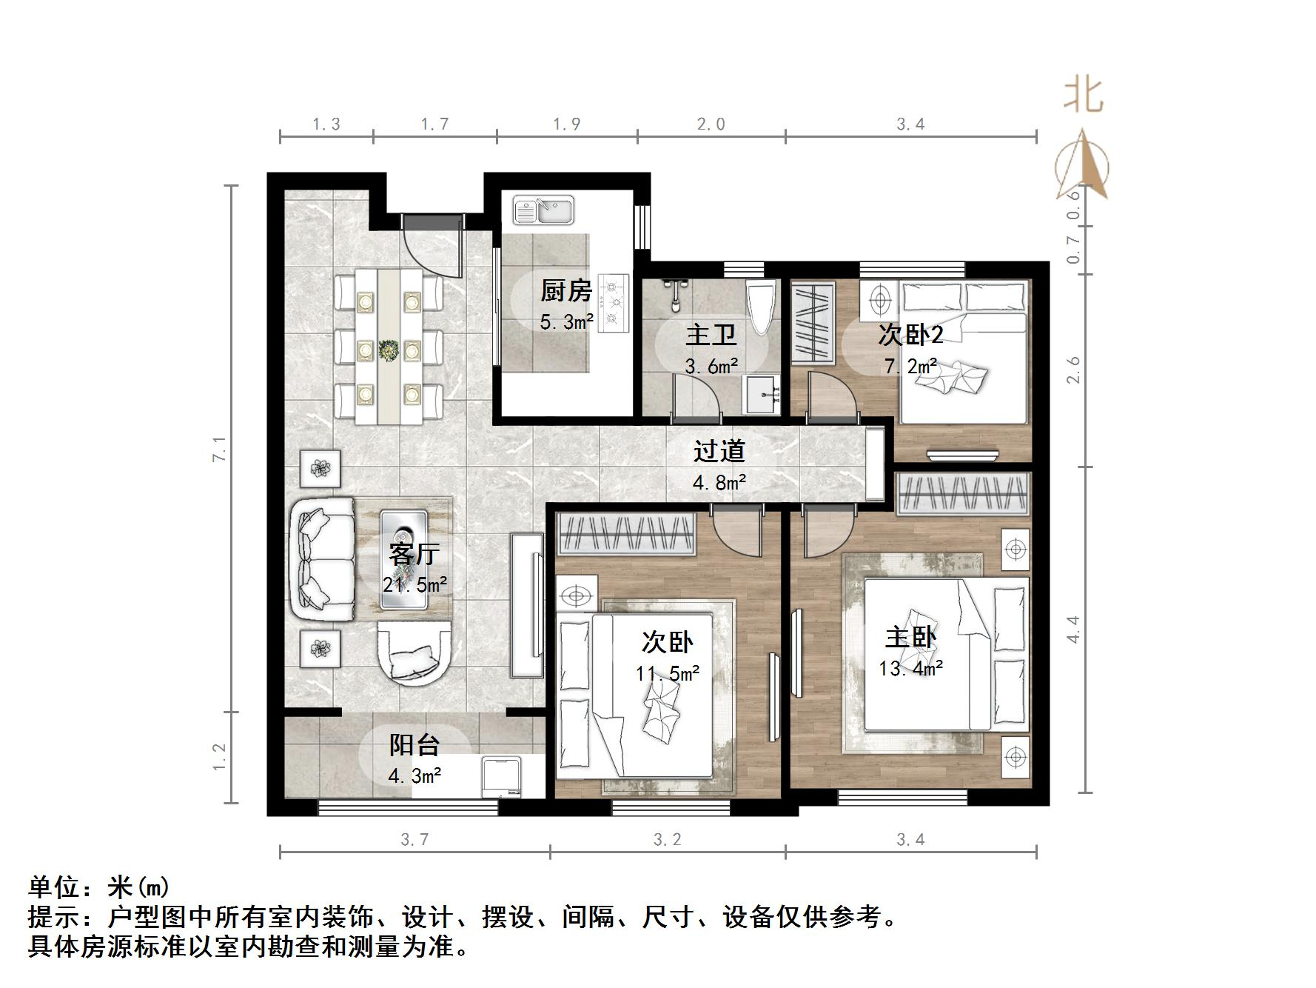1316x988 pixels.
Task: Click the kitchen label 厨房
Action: click(566, 291)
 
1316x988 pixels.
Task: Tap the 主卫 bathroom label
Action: click(711, 335)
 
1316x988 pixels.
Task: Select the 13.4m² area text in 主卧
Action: click(910, 669)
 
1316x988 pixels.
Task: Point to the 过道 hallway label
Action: click(719, 451)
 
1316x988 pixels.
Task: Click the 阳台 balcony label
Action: click(414, 745)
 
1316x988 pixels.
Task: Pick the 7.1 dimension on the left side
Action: click(219, 449)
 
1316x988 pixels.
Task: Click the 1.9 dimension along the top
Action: click(567, 124)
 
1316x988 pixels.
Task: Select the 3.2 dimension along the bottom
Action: click(667, 840)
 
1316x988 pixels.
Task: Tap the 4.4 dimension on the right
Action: click(1073, 630)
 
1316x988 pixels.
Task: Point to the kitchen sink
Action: click(544, 210)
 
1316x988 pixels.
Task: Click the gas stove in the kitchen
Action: click(612, 302)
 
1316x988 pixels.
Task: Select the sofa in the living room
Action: click(323, 559)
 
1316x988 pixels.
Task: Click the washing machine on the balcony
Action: click(502, 777)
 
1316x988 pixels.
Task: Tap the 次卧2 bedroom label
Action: click(910, 335)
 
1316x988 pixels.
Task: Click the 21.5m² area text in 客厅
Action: click(414, 585)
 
